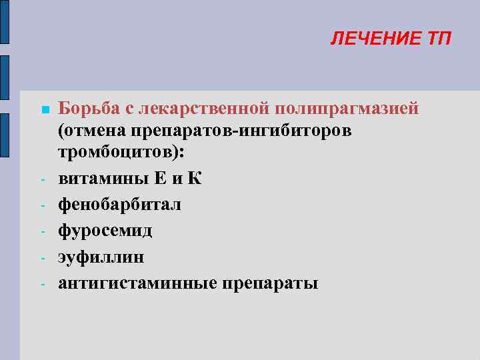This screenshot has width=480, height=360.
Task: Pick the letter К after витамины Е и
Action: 194,179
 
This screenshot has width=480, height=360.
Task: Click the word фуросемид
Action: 105,231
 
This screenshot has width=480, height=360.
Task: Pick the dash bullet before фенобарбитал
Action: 41,205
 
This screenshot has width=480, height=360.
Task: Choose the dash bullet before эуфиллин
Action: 41,257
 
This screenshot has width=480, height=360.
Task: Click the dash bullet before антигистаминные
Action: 41,283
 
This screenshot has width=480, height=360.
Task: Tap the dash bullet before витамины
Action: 41,179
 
